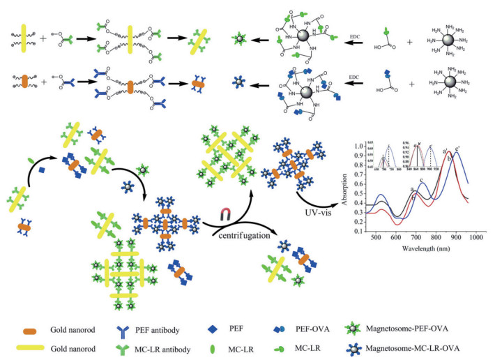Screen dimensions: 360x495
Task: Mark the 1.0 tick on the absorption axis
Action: [359, 147]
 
